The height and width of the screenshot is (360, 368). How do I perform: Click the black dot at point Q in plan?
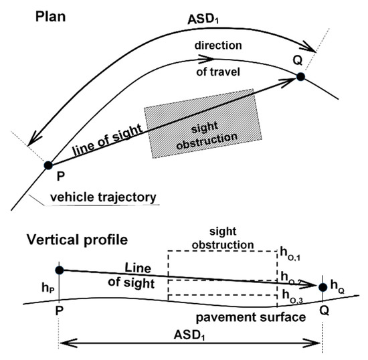coord(301,78)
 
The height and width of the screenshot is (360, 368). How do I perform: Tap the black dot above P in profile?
coord(59,270)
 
